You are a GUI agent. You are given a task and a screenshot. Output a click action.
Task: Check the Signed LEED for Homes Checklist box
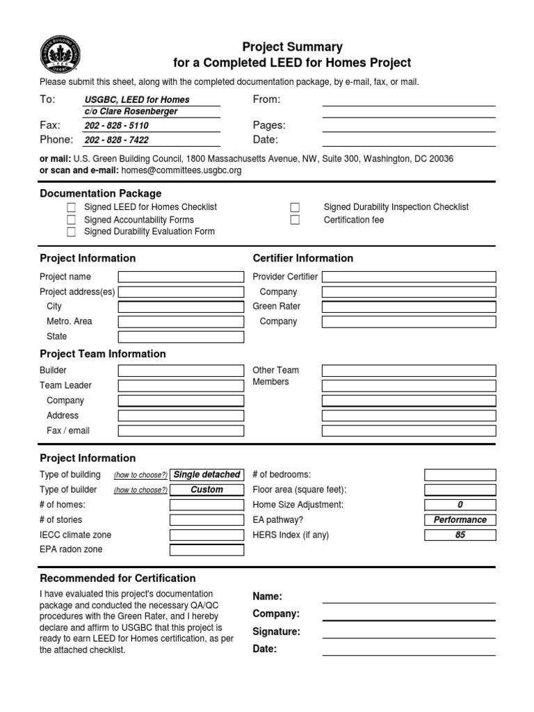pos(72,207)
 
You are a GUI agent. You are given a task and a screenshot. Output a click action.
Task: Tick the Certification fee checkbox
pos(295,220)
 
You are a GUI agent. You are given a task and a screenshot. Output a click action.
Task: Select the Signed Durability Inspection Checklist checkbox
pos(295,207)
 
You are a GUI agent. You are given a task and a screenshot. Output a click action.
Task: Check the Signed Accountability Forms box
pos(72,220)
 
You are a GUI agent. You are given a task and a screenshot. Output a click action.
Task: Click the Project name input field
pos(181,277)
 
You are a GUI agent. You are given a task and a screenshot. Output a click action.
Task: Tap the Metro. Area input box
pos(181,322)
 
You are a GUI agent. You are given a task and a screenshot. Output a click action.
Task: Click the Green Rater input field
pos(409,307)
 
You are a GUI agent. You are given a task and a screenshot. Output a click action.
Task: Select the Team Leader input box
pos(181,386)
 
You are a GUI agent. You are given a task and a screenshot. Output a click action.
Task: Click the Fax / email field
pos(181,431)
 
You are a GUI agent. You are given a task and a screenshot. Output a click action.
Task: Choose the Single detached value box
pos(207,475)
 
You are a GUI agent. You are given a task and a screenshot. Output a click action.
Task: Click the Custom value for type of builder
pos(207,490)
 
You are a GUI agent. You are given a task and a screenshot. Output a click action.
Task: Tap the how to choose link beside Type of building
pos(140,475)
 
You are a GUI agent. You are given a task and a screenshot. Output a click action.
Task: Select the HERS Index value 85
pos(460,535)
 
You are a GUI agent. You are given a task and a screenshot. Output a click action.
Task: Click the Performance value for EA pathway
pos(460,520)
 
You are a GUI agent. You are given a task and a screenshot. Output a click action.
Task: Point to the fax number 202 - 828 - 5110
pos(116,126)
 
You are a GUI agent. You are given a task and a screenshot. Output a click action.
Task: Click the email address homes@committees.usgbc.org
pos(181,170)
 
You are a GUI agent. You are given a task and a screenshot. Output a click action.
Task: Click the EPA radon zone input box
pos(207,550)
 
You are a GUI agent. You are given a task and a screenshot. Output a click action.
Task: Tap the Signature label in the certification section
pos(277,632)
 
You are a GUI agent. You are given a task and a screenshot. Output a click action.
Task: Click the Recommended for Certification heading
pos(118,578)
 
